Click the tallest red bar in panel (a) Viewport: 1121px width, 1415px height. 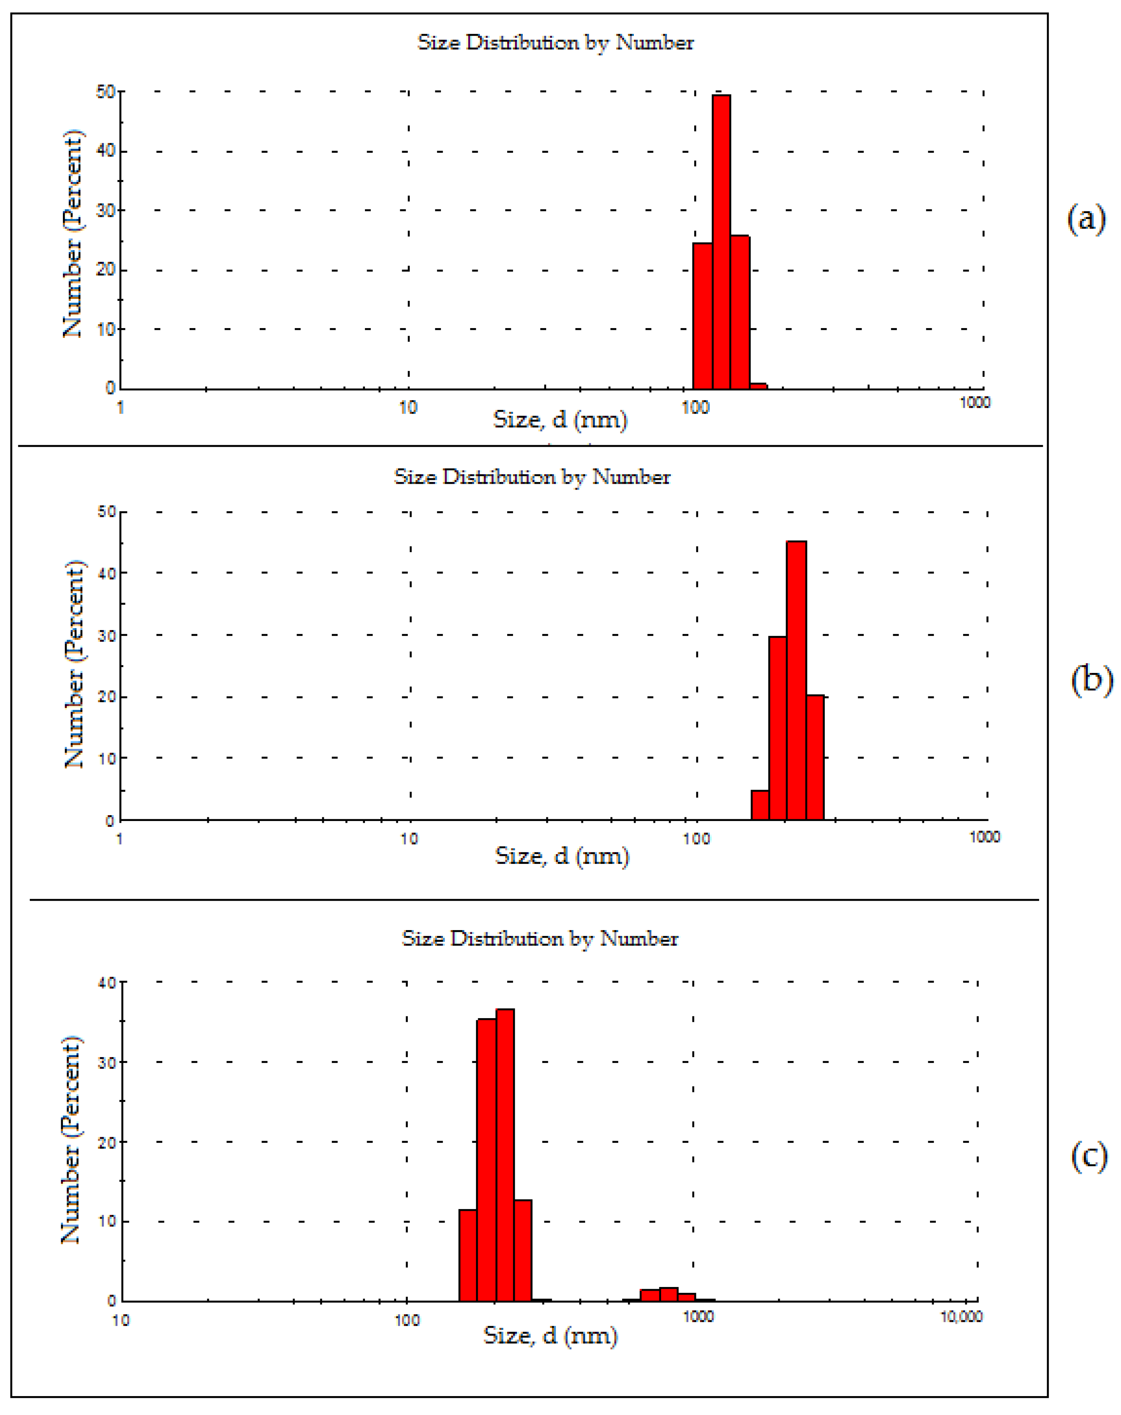click(x=721, y=243)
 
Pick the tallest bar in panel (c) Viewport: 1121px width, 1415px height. click(x=505, y=1155)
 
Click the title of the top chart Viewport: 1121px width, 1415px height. click(x=555, y=43)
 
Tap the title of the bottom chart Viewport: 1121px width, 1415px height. click(x=540, y=939)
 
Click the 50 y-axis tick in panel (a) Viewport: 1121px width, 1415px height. click(x=106, y=92)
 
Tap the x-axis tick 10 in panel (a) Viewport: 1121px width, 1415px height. click(x=408, y=408)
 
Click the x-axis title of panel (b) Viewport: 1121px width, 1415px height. click(x=562, y=856)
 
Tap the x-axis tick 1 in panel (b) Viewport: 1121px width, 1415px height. click(x=119, y=838)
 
